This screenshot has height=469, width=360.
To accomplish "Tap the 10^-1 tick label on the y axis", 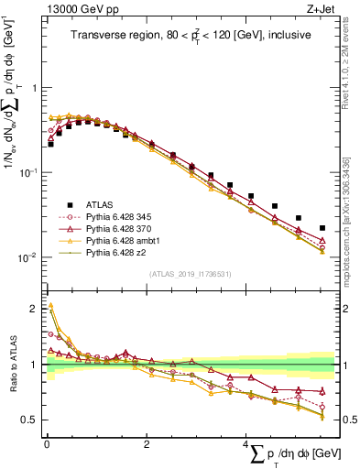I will [x=29, y=172].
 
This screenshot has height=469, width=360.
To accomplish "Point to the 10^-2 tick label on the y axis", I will [x=29, y=256].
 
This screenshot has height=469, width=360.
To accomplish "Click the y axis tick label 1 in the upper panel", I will [x=36, y=88].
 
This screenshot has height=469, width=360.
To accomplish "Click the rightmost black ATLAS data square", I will [x=322, y=228].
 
